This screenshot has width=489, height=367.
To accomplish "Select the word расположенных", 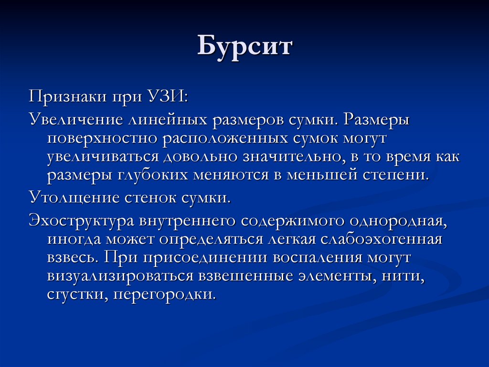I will [x=223, y=139].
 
